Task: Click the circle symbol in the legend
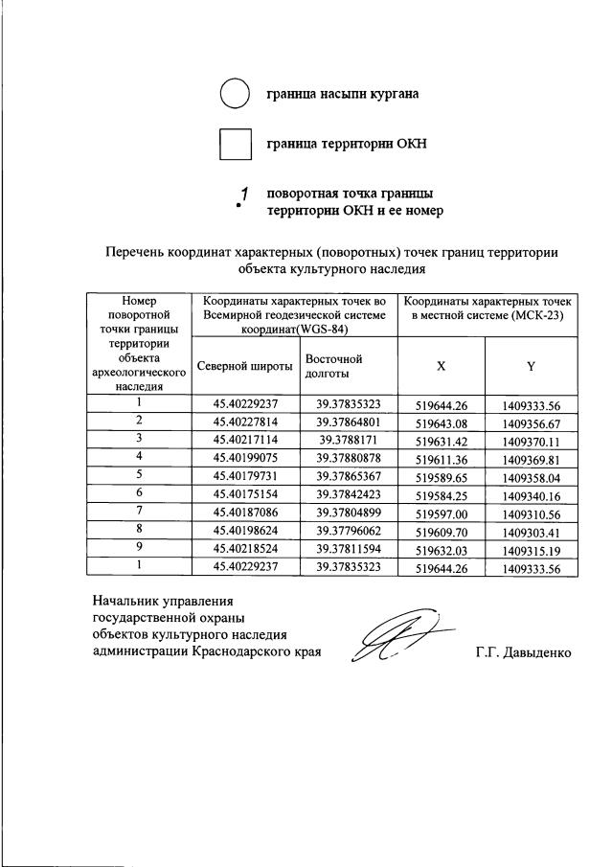(x=235, y=95)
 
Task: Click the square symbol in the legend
(x=235, y=145)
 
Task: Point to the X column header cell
(x=441, y=366)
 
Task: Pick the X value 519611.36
(x=441, y=458)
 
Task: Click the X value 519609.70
(x=441, y=531)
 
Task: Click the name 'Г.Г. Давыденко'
(x=523, y=653)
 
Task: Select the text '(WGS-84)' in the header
(x=321, y=329)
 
